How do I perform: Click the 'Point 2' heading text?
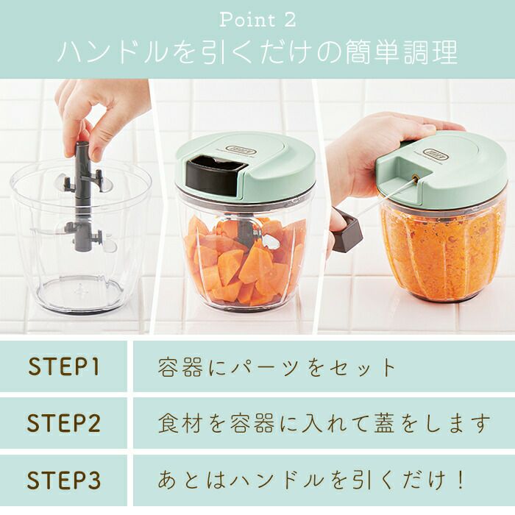pyautogui.click(x=257, y=20)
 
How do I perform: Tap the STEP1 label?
pyautogui.click(x=64, y=366)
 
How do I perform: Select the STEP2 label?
pyautogui.click(x=64, y=423)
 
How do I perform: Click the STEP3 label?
pyautogui.click(x=64, y=480)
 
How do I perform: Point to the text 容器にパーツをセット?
pyautogui.click(x=277, y=367)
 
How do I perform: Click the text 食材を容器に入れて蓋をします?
pyautogui.click(x=324, y=423)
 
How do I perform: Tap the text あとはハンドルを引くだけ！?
pyautogui.click(x=310, y=480)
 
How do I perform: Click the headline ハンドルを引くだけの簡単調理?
pyautogui.click(x=257, y=52)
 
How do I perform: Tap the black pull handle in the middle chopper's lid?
pyautogui.click(x=213, y=176)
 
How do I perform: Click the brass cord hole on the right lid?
pyautogui.click(x=415, y=179)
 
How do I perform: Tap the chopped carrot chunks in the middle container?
pyautogui.click(x=245, y=260)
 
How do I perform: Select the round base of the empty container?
pyautogui.click(x=79, y=295)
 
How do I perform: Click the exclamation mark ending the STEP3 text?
pyautogui.click(x=460, y=480)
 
